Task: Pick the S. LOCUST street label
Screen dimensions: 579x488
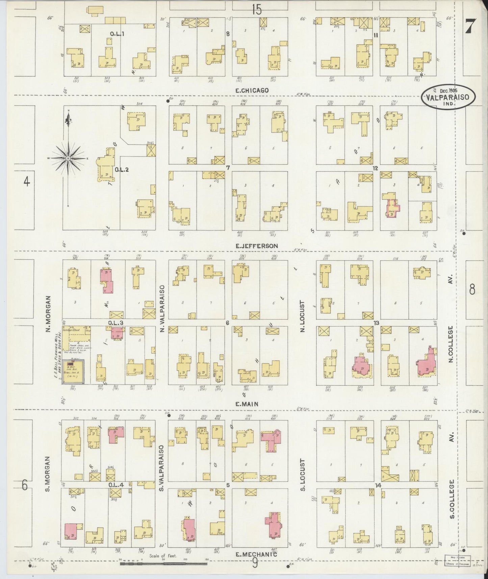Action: point(302,475)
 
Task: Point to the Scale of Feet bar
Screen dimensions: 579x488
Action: point(163,564)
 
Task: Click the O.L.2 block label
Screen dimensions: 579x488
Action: point(122,170)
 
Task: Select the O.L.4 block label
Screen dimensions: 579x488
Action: point(116,485)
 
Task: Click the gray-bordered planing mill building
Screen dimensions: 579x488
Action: point(73,372)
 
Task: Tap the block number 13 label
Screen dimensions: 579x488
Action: point(376,323)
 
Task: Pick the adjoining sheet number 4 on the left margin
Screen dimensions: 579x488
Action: point(26,182)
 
